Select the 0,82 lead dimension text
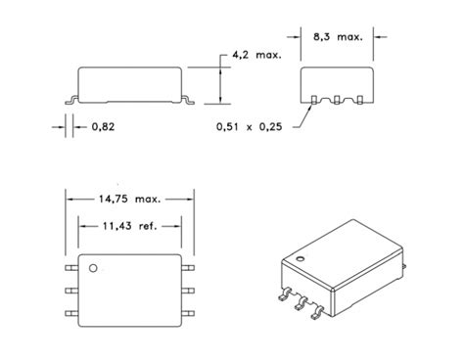(x=105, y=126)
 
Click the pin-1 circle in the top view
(x=95, y=266)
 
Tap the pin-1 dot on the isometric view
(x=302, y=258)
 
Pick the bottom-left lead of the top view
(x=70, y=313)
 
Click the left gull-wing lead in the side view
(x=70, y=99)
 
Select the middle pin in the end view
(x=336, y=100)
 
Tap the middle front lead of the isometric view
(x=300, y=306)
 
